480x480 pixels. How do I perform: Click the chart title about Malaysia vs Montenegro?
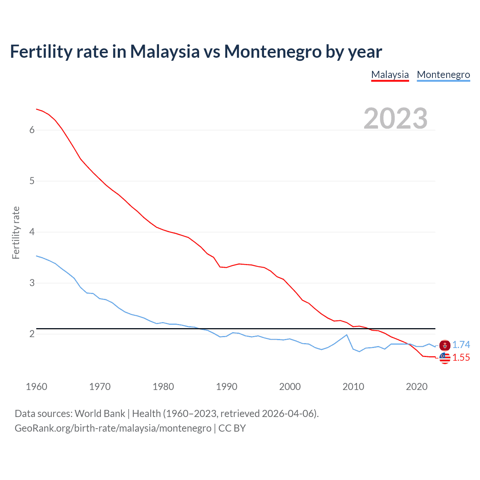(x=196, y=51)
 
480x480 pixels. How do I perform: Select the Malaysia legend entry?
(x=390, y=75)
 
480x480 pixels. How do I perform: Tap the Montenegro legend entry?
(x=443, y=75)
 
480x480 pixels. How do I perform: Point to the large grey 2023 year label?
(x=395, y=118)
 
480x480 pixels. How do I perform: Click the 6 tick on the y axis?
(x=32, y=130)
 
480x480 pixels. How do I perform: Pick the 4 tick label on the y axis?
(x=32, y=232)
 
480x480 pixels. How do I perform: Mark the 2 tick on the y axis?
(x=32, y=334)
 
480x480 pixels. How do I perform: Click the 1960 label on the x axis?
(x=36, y=387)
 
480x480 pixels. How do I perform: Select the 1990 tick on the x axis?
(x=226, y=387)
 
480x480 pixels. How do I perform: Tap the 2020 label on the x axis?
(x=417, y=387)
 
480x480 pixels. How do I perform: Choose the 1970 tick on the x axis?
(x=100, y=387)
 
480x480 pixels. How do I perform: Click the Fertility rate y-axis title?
(x=16, y=232)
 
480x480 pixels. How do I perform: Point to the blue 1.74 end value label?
(x=461, y=345)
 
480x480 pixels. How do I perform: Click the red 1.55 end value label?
(x=461, y=358)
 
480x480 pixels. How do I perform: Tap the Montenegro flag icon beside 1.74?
(x=445, y=345)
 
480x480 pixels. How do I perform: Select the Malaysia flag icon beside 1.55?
(x=445, y=358)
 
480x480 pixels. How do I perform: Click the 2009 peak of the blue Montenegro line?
(x=346, y=334)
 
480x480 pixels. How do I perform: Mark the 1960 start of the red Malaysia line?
(x=36, y=109)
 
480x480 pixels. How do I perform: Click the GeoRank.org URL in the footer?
(x=113, y=428)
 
